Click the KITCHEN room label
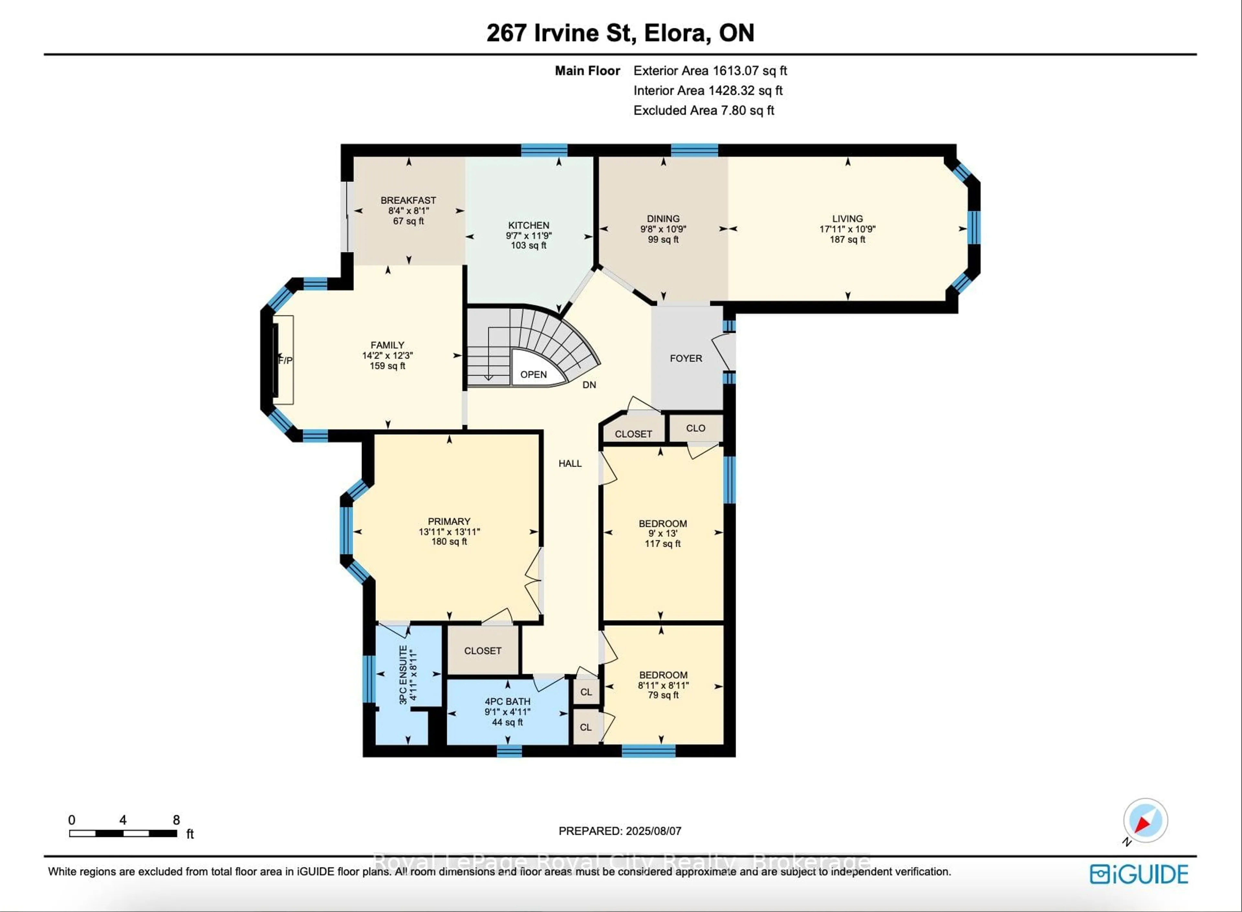tap(528, 225)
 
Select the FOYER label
tap(686, 358)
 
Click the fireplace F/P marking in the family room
tap(285, 361)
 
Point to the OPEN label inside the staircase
tap(533, 374)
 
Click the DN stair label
tap(589, 385)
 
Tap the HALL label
tap(570, 463)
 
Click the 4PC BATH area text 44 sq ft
tap(507, 722)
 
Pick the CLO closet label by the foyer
tap(695, 428)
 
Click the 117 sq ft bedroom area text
tap(662, 543)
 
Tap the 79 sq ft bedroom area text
tap(663, 695)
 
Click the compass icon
tap(1145, 820)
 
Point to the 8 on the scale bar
tap(176, 820)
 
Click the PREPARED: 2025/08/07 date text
tap(619, 831)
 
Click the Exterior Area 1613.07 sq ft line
tap(710, 71)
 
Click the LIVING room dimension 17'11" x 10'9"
tap(847, 229)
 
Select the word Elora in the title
tap(677, 33)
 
